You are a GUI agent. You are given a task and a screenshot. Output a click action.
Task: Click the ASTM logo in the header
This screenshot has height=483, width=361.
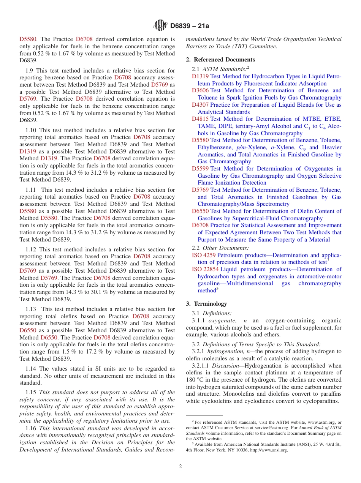(160, 25)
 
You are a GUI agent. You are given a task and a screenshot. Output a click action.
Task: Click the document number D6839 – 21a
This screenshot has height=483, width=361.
(190, 26)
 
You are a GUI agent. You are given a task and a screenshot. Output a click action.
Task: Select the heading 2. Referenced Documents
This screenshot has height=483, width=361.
(220, 60)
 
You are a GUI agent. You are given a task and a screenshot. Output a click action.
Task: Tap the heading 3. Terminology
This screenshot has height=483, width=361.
(206, 304)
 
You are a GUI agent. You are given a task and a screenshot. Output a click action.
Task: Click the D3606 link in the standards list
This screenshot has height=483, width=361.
(200, 90)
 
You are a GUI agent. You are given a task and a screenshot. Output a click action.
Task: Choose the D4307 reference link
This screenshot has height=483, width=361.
(200, 105)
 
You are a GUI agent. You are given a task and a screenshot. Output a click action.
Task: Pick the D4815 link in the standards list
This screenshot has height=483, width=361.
(200, 119)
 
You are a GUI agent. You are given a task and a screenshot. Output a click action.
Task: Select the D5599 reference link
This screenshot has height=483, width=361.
(200, 169)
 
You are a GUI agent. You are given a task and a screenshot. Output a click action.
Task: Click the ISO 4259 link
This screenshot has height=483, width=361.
(203, 255)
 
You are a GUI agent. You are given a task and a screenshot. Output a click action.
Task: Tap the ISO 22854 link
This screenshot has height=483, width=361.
(205, 269)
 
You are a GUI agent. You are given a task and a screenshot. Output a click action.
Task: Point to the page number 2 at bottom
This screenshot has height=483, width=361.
(180, 467)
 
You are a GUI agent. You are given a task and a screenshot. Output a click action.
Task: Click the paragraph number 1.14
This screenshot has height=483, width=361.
(32, 369)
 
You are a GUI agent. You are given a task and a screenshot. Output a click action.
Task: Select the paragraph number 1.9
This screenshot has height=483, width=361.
(30, 71)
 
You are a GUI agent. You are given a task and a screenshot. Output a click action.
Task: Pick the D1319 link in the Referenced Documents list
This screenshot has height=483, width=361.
(200, 76)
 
